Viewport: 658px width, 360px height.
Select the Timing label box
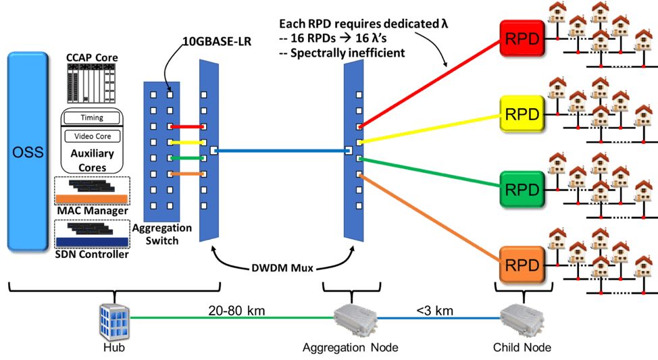[92, 118]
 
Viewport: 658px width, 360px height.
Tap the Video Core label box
[92, 136]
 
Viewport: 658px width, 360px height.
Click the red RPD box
[522, 38]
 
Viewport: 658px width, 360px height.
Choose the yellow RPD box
[522, 114]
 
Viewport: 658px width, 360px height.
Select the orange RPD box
[522, 265]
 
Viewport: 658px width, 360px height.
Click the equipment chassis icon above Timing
[92, 85]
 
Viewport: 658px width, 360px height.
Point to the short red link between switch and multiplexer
[188, 126]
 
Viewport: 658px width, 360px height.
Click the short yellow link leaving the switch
[188, 143]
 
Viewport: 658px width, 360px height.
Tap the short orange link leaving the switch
[188, 174]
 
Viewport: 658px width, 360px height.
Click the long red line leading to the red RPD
[432, 81]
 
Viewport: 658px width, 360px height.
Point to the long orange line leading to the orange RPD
[432, 218]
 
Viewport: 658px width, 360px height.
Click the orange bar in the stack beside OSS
[92, 199]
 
